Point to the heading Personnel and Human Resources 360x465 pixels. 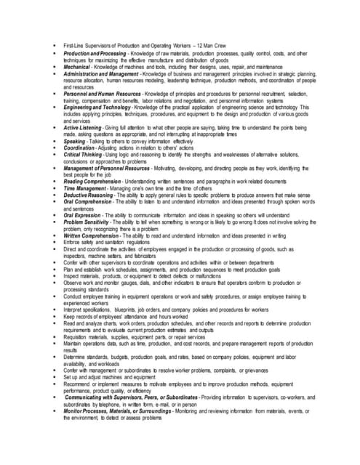coord(103,94)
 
